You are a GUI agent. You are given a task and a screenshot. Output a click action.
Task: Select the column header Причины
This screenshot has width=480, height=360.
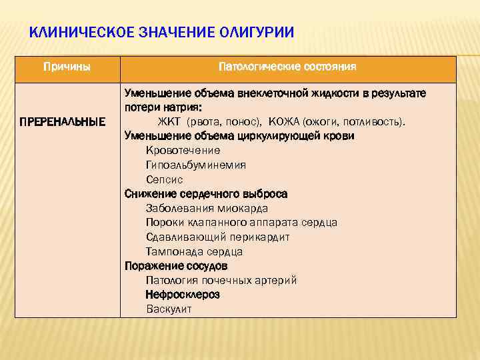coord(67,67)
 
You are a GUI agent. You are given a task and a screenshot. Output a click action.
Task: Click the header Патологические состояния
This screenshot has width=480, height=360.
coord(287,67)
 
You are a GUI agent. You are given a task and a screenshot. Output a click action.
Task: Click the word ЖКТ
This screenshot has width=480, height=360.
coord(170,121)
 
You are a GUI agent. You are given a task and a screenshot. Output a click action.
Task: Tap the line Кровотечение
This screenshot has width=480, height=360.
coord(183,150)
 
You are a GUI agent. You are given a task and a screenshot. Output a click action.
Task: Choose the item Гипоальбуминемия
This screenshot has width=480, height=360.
coord(195,165)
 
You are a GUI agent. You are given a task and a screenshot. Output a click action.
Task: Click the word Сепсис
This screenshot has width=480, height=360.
coord(164,179)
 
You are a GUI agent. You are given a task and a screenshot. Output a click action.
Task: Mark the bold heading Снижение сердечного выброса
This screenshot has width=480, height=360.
coord(206,194)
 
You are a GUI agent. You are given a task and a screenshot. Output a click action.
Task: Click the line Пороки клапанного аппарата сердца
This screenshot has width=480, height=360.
coord(241,223)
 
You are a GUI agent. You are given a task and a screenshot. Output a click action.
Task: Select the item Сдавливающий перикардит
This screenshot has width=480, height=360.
coord(217,237)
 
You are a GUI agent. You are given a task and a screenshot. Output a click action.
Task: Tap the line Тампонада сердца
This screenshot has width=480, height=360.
coord(194,252)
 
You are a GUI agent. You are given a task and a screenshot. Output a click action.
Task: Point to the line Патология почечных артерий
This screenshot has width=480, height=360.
coord(221,280)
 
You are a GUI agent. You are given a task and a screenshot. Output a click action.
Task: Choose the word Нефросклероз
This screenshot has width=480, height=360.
coord(183,295)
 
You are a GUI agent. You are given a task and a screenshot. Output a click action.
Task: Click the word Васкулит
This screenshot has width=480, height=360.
coord(169,309)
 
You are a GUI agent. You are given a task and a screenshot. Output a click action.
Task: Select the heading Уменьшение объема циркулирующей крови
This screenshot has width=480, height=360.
coord(239,136)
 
